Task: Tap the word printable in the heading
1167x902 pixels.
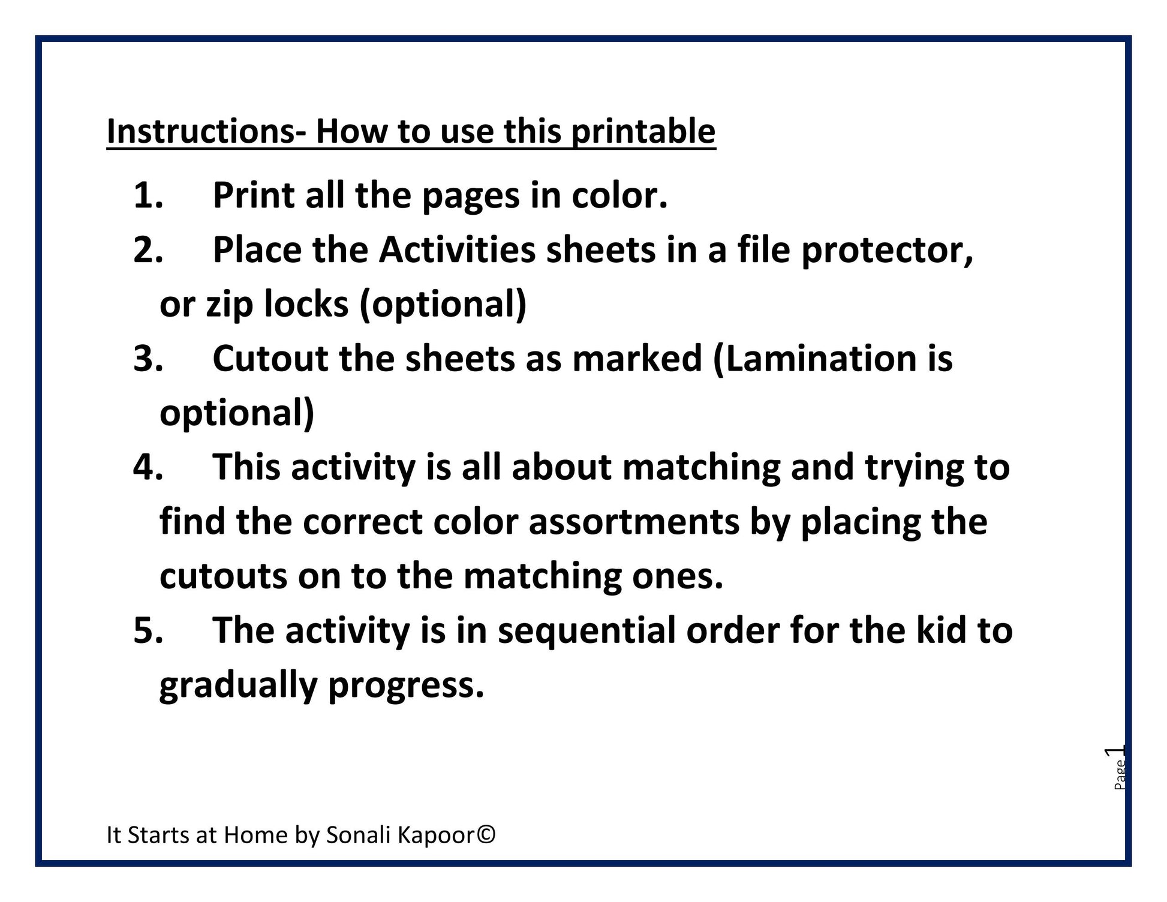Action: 643,132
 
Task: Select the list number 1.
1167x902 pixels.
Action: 148,196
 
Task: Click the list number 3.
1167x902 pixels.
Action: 148,359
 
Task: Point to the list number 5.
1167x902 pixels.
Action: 148,631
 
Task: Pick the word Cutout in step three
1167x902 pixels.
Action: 270,359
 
